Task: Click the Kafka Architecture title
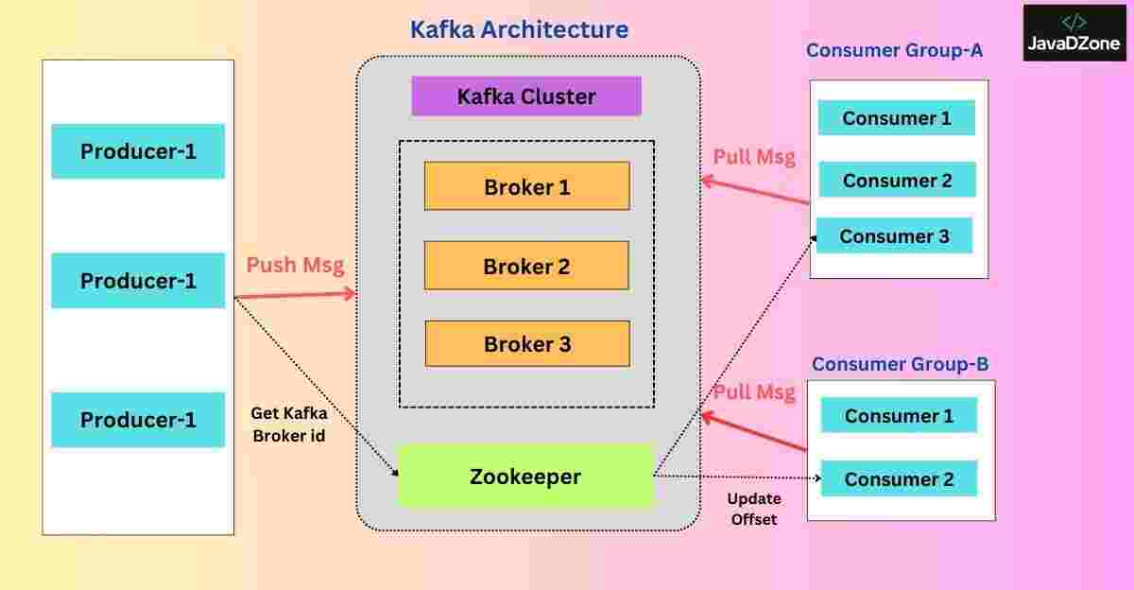click(519, 29)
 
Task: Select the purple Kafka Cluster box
click(526, 96)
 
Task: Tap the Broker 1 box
click(526, 186)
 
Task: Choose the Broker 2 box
click(526, 266)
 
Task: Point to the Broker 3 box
click(526, 344)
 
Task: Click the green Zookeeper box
click(525, 477)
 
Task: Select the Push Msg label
click(295, 265)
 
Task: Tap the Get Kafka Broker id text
click(289, 425)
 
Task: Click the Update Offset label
click(752, 509)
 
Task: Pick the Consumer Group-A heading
click(894, 50)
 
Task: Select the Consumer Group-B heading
click(900, 364)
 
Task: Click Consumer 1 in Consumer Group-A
click(896, 118)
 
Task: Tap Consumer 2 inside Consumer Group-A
click(897, 180)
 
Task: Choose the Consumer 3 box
click(894, 236)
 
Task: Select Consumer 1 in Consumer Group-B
click(899, 416)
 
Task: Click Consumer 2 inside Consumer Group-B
click(899, 479)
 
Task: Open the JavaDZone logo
click(1074, 33)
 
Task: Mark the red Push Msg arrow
click(293, 296)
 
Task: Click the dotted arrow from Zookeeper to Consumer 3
click(737, 350)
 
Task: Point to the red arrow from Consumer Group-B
click(754, 431)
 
